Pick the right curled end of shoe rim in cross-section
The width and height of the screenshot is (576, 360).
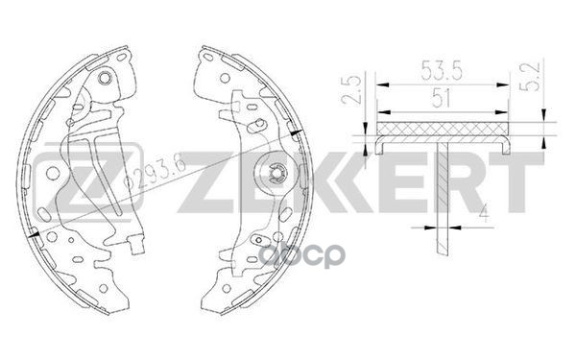[x=506, y=145]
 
